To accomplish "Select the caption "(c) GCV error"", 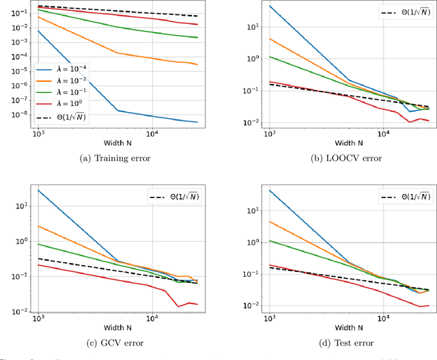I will click(x=111, y=342).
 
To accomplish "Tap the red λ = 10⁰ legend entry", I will click(x=66, y=104).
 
